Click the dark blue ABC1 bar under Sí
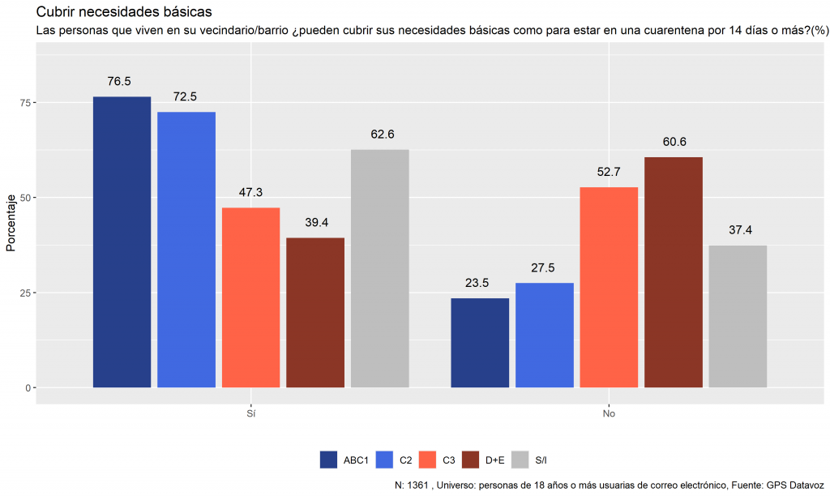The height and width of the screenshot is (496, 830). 122,242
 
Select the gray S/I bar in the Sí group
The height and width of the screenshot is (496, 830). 379,268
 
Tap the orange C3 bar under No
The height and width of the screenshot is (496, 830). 609,288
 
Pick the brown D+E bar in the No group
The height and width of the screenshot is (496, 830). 674,272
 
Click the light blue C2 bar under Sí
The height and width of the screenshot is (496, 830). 186,250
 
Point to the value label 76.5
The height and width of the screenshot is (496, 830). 119,82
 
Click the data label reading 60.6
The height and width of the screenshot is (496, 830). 674,142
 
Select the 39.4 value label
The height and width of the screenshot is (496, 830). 317,223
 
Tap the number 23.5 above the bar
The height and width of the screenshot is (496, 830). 477,283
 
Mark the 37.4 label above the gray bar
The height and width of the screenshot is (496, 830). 740,230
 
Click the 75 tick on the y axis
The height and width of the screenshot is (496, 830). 25,103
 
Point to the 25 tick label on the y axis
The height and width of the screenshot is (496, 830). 25,293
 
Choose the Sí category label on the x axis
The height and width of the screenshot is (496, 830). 251,414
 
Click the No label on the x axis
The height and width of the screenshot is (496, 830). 609,414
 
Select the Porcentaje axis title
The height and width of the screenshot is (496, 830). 11,223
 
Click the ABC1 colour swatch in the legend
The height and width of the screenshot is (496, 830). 329,460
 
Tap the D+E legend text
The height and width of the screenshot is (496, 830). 495,460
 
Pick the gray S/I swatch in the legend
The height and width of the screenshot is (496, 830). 520,460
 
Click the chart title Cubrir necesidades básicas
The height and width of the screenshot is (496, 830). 124,11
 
